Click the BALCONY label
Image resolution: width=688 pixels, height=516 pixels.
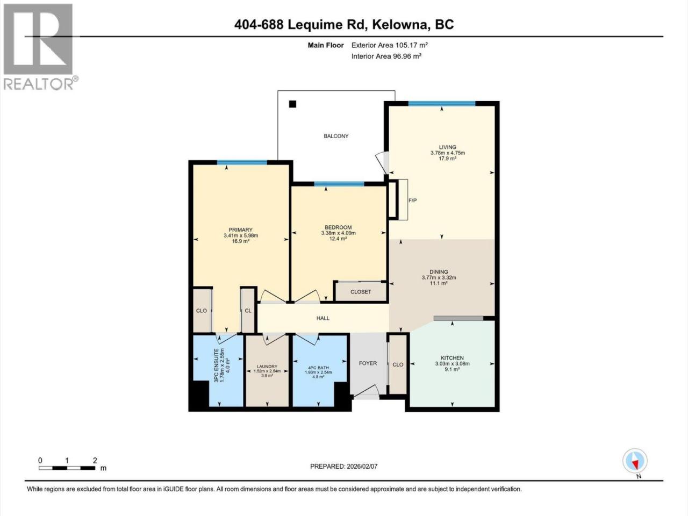pos(336,136)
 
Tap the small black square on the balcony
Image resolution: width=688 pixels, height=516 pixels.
pos(292,104)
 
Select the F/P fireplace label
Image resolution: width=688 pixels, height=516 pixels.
pos(412,200)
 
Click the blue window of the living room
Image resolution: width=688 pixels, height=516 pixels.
pos(442,104)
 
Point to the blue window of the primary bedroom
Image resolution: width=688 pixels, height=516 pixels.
pos(242,162)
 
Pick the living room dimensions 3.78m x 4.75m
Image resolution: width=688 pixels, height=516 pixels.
pos(448,153)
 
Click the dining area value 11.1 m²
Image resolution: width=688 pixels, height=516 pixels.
pos(439,283)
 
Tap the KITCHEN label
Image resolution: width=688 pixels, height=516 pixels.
pos(452,358)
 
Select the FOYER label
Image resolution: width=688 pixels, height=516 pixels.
pos(368,363)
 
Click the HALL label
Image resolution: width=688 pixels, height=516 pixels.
pos(323,318)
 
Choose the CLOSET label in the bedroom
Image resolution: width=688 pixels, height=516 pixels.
pos(361,292)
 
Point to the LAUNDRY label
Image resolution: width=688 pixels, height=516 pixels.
pos(267,366)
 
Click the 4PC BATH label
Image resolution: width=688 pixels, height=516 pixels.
pos(318,368)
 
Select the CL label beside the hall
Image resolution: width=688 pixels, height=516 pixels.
pos(248,311)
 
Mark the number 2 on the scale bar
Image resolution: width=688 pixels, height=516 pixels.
pos(95,460)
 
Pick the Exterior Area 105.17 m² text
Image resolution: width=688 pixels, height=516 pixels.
pos(390,45)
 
